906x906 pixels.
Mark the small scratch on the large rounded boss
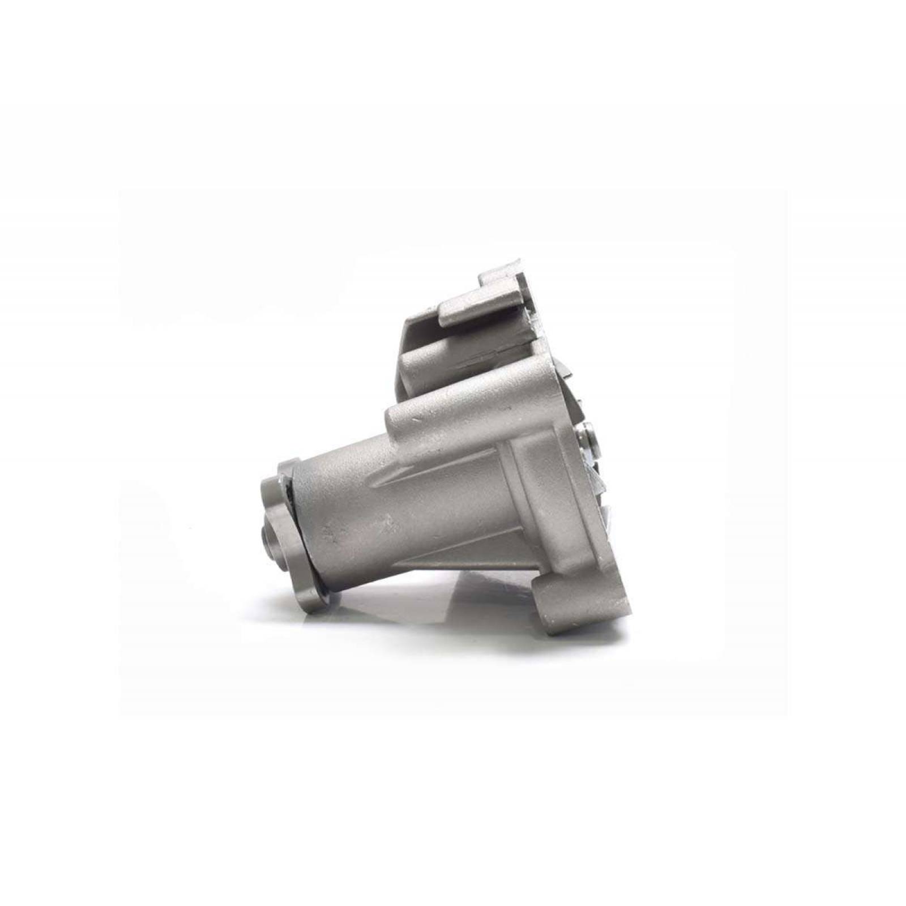click(x=417, y=420)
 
